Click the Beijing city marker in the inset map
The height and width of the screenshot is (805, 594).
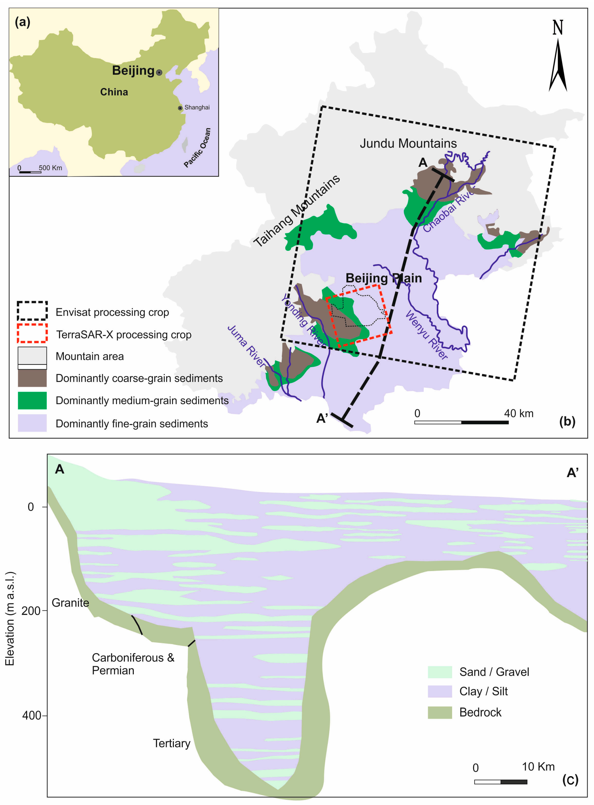click(159, 73)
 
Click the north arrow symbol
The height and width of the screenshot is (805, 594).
click(558, 65)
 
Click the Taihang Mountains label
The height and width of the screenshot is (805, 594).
click(297, 211)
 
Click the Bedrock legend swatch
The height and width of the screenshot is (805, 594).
click(439, 713)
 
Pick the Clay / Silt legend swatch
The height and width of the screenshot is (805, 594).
click(439, 691)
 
